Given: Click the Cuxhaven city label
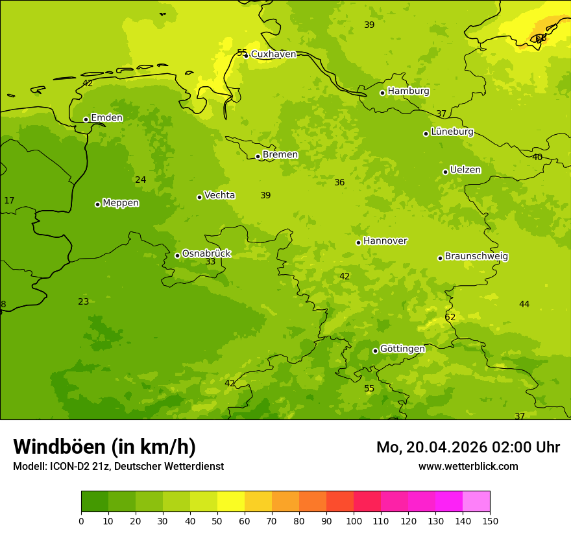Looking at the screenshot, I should click(x=273, y=54).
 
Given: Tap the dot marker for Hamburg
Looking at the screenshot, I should click(x=383, y=93).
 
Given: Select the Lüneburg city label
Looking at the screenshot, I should click(x=452, y=132).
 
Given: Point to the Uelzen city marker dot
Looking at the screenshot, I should click(x=446, y=172).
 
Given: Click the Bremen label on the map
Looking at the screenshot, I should click(x=280, y=155).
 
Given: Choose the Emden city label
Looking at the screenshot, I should click(x=106, y=118).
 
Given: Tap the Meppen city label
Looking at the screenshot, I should click(x=121, y=203).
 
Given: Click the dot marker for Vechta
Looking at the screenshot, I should click(x=200, y=197).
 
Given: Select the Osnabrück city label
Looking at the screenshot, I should click(x=206, y=254).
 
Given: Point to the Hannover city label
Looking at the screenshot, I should click(x=385, y=241).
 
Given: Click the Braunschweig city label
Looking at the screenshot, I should click(x=476, y=257).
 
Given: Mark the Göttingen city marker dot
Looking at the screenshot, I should click(x=375, y=351).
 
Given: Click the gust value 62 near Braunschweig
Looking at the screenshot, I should click(x=450, y=318).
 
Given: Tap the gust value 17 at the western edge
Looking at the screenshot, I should click(x=9, y=201).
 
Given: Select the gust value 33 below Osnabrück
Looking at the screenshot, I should click(x=210, y=262).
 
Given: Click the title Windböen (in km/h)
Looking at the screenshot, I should click(x=104, y=447).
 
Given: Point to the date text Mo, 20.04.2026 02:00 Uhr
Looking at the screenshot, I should click(x=468, y=447).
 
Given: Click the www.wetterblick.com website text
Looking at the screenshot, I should click(x=468, y=467).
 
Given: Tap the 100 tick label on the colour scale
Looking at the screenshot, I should click(x=354, y=521).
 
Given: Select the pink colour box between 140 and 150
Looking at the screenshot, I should click(x=476, y=502).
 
